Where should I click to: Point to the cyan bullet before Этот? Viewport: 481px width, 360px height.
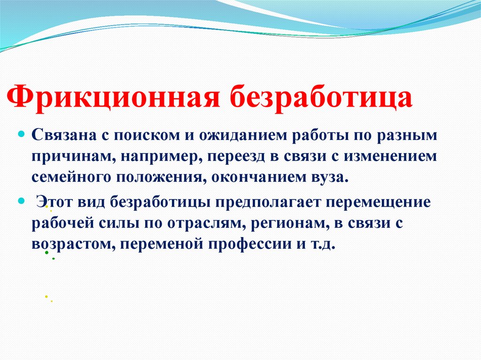[21, 200]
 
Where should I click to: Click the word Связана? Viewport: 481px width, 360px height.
[63, 135]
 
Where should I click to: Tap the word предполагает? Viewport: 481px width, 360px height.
[269, 202]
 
